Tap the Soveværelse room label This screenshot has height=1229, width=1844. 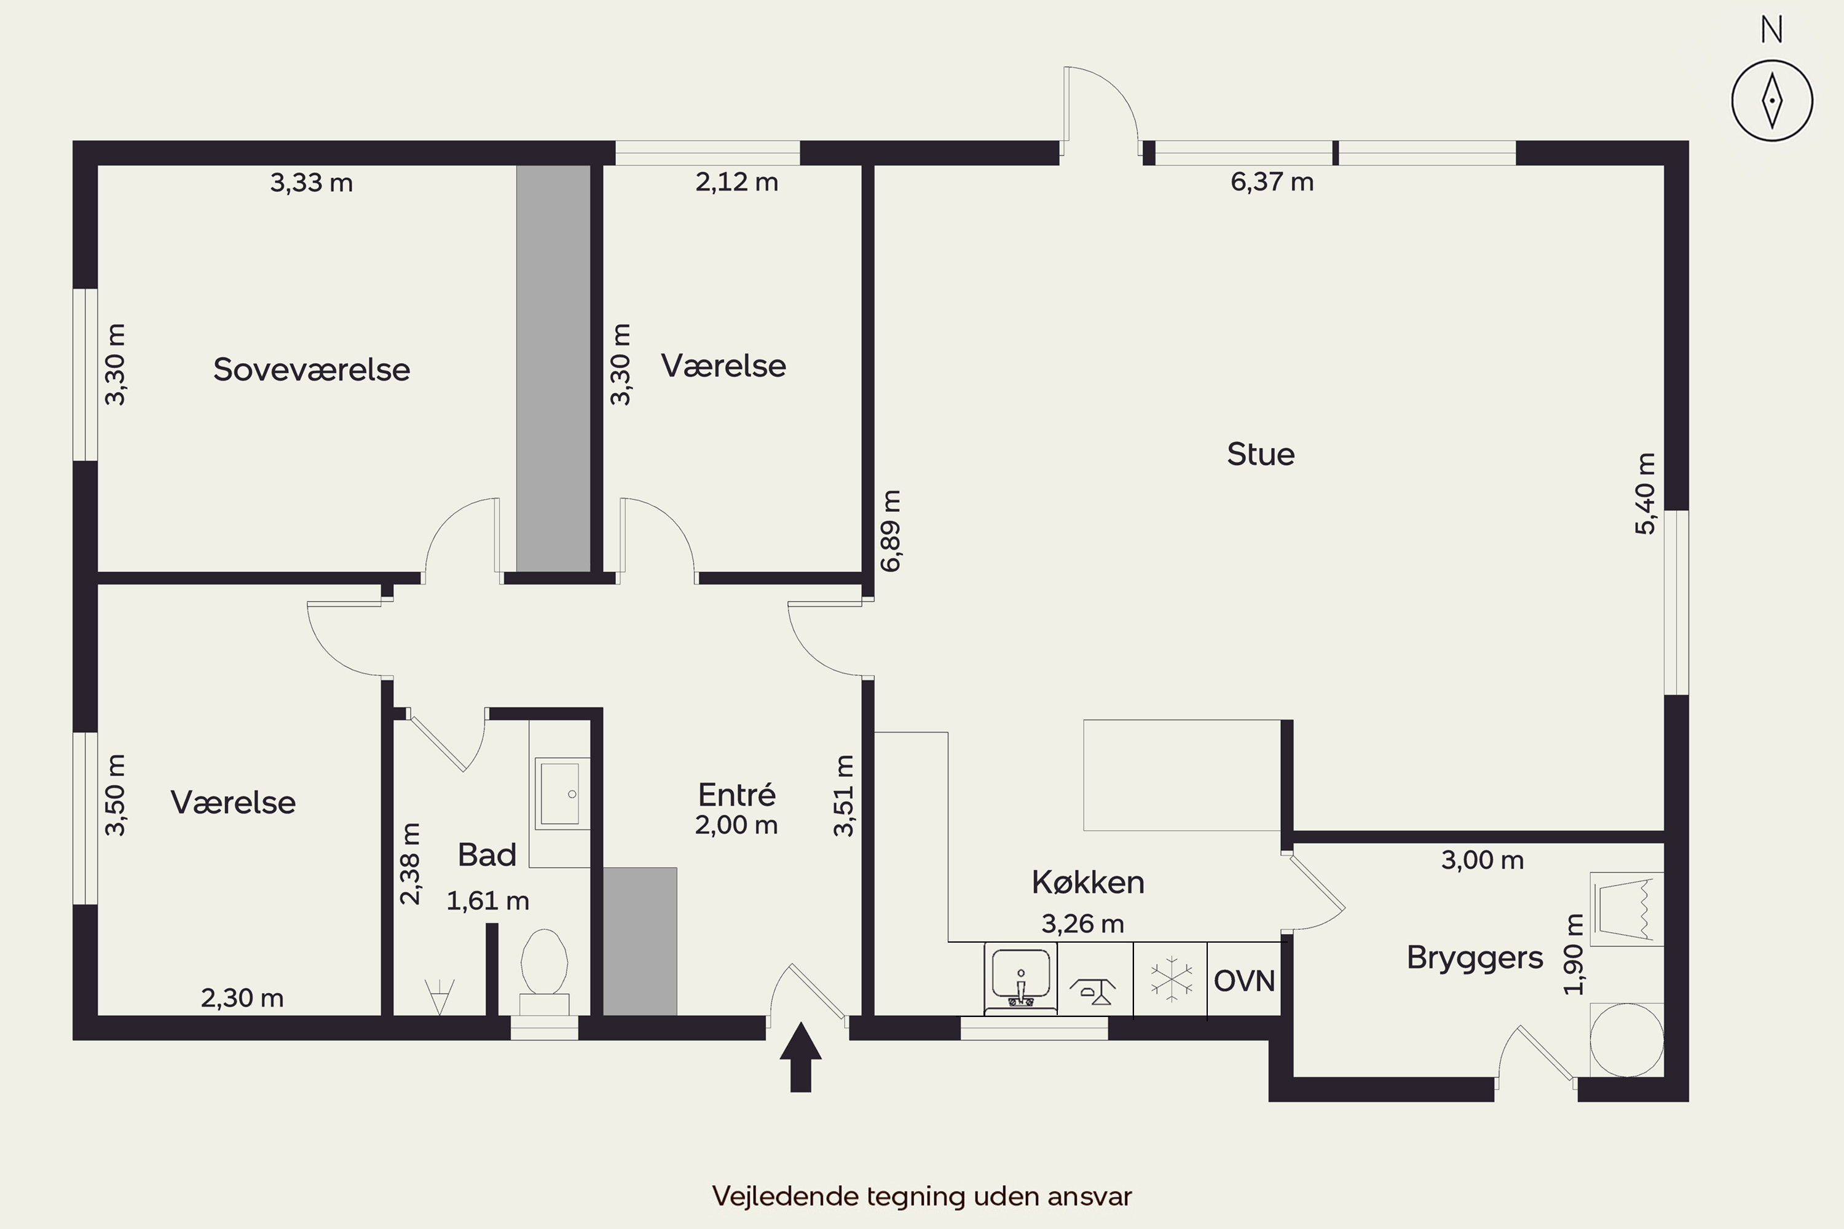(311, 369)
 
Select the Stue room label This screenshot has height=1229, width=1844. (1261, 454)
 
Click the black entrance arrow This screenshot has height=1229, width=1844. (800, 1056)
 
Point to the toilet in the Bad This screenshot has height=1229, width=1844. (544, 972)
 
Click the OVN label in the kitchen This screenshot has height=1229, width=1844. (1244, 981)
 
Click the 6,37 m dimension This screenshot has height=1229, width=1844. (1272, 182)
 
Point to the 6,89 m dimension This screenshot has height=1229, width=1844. (891, 531)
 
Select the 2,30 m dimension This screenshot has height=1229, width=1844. (242, 998)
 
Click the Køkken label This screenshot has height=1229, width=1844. (1087, 882)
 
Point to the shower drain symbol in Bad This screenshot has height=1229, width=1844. (439, 996)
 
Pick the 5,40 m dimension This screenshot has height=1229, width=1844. (1645, 494)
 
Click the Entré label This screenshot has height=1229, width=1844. (737, 795)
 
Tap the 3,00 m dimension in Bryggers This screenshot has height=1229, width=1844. (1483, 860)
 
